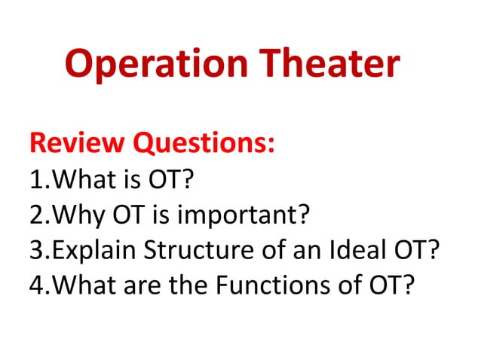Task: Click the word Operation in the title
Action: click(x=151, y=64)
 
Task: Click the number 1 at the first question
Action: click(x=34, y=179)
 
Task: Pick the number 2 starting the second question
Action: click(x=34, y=215)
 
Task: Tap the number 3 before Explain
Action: click(x=34, y=250)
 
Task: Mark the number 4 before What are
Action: click(x=34, y=286)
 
